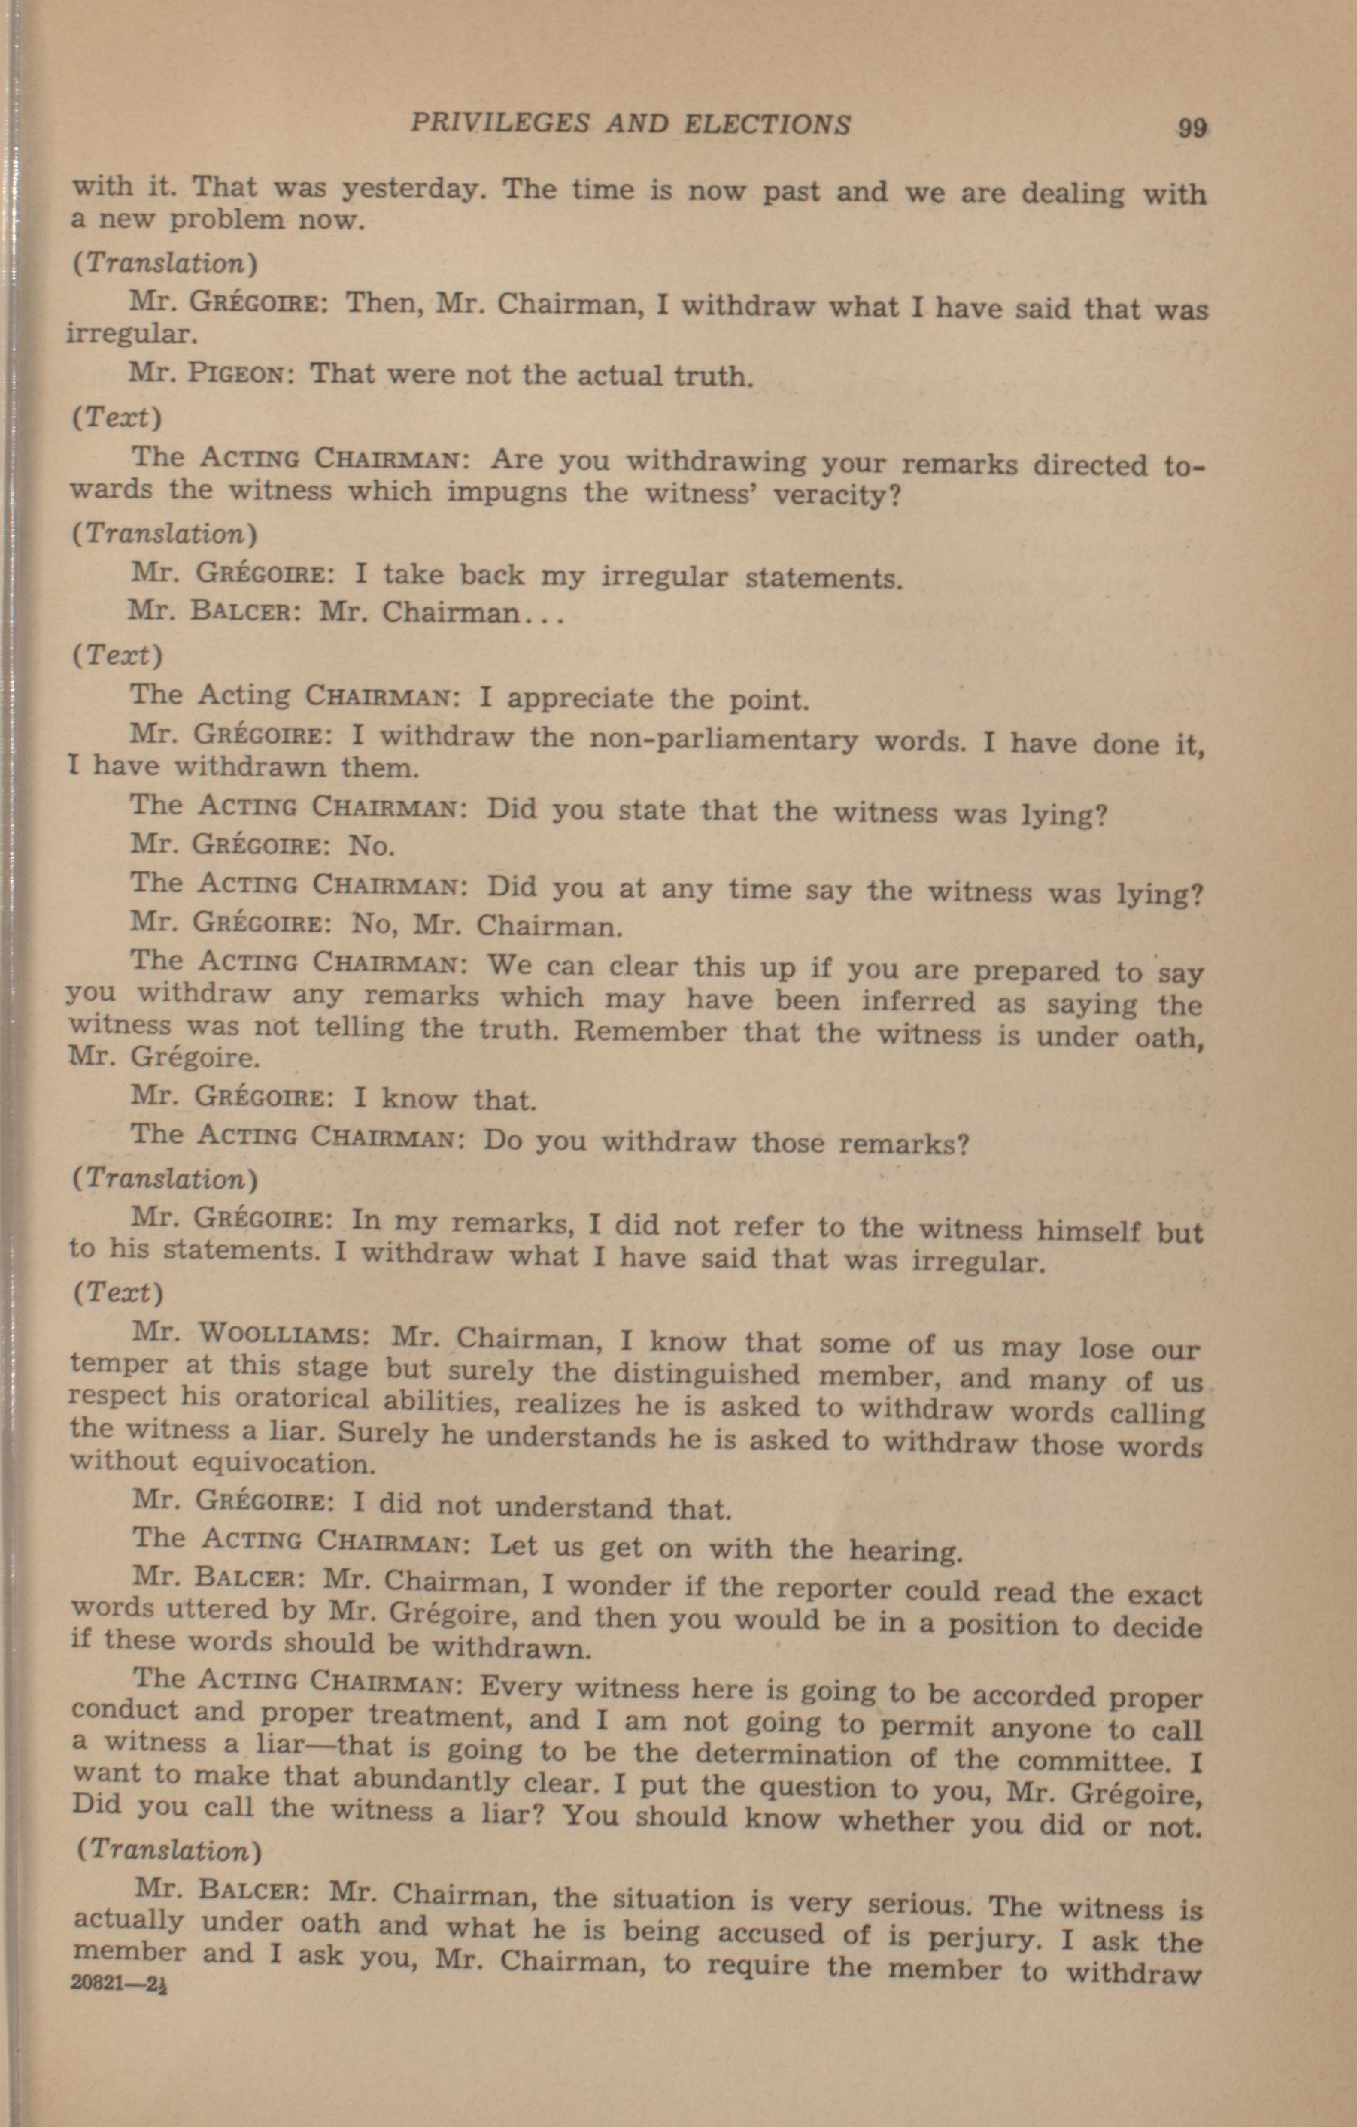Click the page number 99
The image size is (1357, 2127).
[1192, 128]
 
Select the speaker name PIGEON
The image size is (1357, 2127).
[237, 374]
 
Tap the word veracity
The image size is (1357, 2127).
[834, 495]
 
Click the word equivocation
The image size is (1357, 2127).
[284, 1464]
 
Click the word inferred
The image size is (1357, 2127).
[918, 1001]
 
